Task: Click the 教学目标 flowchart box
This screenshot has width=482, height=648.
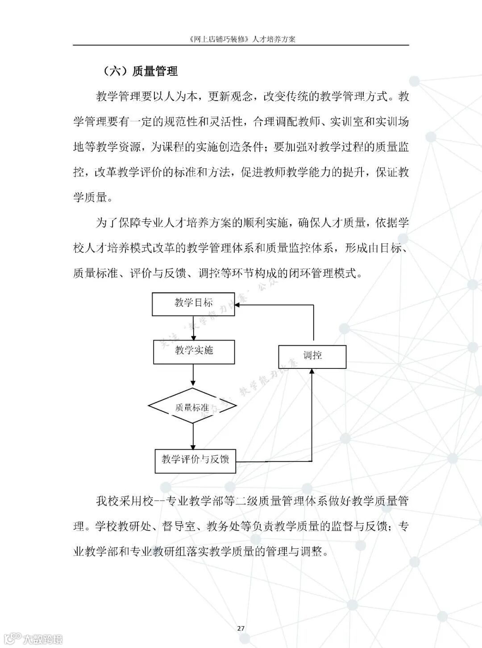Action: [x=193, y=304]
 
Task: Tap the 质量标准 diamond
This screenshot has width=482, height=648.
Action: [x=192, y=407]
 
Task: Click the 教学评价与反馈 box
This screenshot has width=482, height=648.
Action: [x=195, y=460]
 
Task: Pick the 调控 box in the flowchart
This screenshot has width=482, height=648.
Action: [x=312, y=356]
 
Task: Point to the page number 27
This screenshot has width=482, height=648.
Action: [x=241, y=628]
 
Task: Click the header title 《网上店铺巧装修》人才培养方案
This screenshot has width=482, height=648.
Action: [x=241, y=39]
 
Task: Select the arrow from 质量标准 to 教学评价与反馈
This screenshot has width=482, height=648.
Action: [x=193, y=435]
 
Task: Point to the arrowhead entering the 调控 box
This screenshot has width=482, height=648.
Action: [x=312, y=371]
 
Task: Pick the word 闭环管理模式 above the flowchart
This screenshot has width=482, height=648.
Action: [x=328, y=273]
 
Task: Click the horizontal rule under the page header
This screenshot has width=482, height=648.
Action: [x=241, y=45]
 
